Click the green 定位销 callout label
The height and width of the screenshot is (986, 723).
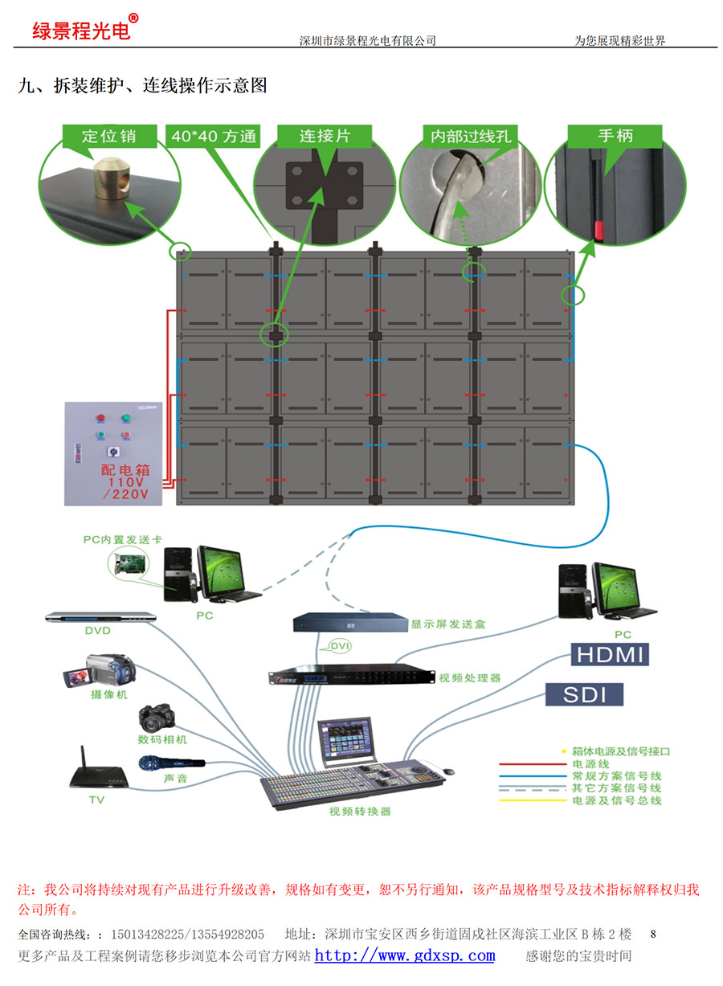tap(108, 137)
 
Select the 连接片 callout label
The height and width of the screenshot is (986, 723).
tap(325, 137)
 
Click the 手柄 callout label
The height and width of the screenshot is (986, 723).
tap(615, 136)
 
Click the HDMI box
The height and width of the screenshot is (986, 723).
tap(610, 654)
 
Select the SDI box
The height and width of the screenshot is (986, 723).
tap(584, 694)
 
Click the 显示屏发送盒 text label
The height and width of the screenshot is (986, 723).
tap(447, 624)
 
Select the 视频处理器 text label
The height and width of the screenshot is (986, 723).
tap(469, 678)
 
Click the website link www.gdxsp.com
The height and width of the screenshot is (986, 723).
tap(404, 955)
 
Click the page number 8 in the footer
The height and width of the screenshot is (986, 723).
tap(653, 934)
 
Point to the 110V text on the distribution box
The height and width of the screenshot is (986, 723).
tap(125, 482)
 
